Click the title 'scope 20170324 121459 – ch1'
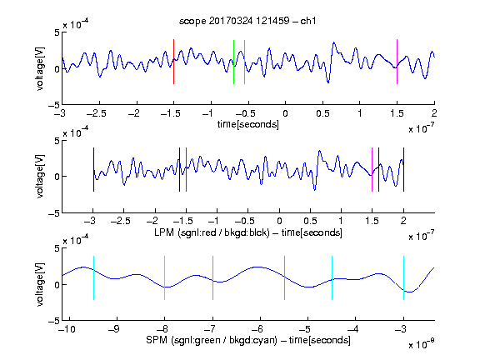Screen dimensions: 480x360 coord(247,21)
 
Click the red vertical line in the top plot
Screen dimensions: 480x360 coord(173,62)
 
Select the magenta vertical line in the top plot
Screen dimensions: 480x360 coord(397,62)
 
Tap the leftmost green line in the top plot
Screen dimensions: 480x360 coord(233,62)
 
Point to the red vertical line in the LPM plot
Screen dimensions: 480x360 coord(186,170)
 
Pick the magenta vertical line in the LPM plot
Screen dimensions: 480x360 coord(372,170)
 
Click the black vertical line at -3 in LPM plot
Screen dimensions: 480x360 coord(93,170)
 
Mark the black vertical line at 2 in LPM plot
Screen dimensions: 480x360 coord(404,170)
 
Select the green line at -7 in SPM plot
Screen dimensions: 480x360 coord(212,278)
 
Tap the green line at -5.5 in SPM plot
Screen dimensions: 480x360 coord(284,278)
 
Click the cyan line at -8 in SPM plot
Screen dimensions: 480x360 coord(165,278)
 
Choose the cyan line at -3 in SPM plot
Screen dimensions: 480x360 coord(404,278)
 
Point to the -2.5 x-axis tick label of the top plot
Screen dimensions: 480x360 coord(97,113)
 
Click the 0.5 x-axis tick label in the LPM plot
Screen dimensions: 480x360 coord(310,221)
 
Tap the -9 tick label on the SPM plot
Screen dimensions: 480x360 coord(114,329)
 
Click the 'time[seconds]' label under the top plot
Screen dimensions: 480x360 coord(248,124)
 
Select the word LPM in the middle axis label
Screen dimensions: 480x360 coord(164,232)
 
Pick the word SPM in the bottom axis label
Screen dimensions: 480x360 coord(157,340)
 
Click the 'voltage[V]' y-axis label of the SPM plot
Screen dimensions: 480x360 coord(40,284)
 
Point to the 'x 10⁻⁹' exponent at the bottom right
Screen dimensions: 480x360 coord(422,344)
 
